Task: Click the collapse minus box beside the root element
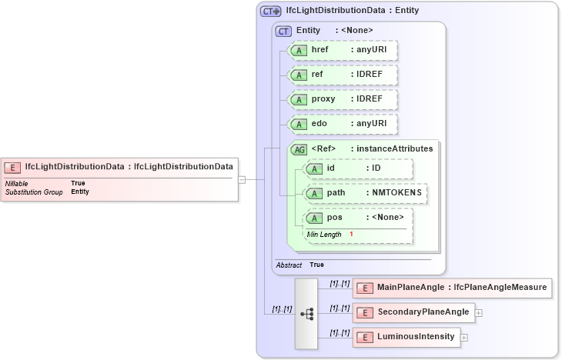point(242,179)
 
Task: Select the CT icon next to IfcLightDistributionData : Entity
point(270,12)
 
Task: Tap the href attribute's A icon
point(299,50)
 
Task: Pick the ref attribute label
point(316,75)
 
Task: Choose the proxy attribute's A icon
point(299,99)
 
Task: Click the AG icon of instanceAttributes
point(299,148)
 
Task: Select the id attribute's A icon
point(314,168)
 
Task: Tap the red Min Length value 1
point(351,234)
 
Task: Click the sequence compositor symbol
point(306,314)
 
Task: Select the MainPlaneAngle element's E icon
point(364,288)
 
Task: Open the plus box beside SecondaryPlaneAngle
point(479,313)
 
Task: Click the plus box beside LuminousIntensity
point(464,337)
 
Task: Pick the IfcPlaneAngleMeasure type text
point(511,288)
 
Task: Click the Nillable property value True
point(78,183)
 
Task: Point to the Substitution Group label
point(34,192)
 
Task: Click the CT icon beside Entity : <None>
point(284,30)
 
